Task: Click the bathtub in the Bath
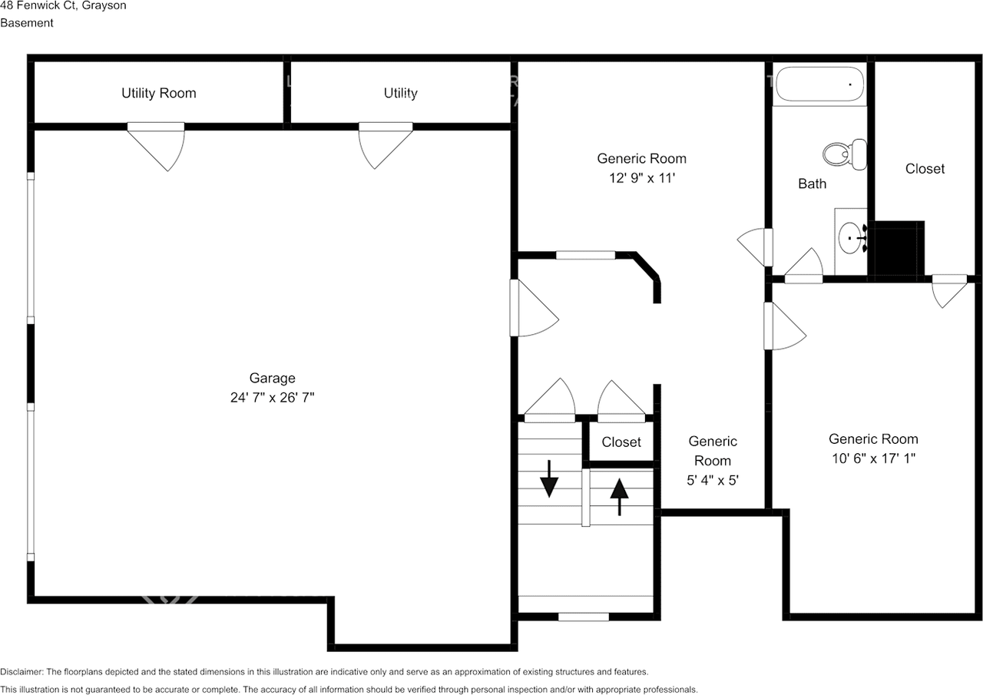coord(819,84)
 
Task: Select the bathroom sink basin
coord(850,238)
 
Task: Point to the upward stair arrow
coord(619,497)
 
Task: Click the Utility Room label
coord(159,93)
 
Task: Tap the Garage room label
coord(272,378)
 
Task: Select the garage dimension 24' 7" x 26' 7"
coord(272,398)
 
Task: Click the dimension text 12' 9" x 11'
coord(641,178)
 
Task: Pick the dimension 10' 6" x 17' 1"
coord(873,458)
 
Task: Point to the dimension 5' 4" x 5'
coord(713,481)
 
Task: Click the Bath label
coord(813,184)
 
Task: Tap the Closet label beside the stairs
coord(621,442)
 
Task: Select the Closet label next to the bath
coord(925,168)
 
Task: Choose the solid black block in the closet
coord(899,248)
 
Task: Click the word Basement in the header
coord(27,23)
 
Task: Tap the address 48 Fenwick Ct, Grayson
coord(63,5)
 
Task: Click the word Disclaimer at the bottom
coord(22,672)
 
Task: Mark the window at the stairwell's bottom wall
coord(583,617)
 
